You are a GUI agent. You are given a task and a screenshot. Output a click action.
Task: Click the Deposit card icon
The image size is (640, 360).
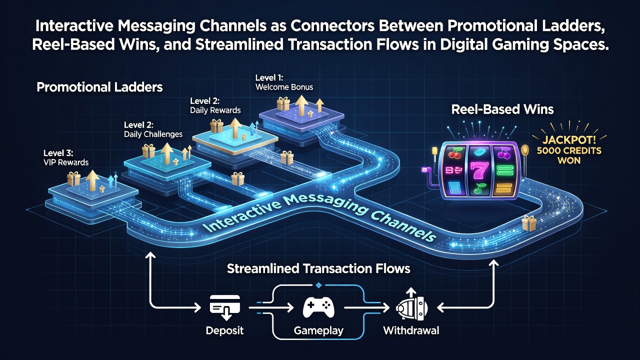(x=225, y=307)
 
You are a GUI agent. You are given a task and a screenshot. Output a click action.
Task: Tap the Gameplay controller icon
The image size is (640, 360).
(x=318, y=307)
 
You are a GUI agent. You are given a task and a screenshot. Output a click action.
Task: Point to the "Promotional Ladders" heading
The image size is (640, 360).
(x=99, y=87)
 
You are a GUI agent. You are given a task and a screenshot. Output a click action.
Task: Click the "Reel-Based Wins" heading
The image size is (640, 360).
(x=502, y=109)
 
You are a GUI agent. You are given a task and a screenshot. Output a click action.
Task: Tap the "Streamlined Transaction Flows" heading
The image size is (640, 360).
(x=318, y=268)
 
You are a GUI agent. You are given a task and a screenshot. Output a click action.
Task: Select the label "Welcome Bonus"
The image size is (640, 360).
(x=284, y=87)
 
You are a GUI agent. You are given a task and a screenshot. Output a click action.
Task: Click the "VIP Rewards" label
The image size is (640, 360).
(x=66, y=162)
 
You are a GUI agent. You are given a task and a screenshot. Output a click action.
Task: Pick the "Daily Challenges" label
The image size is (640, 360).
(x=153, y=134)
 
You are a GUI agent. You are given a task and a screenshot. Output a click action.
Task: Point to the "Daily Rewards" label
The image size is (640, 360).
(x=215, y=110)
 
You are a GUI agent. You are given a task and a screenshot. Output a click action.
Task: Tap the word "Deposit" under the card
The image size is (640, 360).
(x=224, y=330)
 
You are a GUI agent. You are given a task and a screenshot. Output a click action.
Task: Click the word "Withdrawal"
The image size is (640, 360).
(x=411, y=330)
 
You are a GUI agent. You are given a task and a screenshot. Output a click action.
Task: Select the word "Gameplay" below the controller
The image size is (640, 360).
(x=318, y=331)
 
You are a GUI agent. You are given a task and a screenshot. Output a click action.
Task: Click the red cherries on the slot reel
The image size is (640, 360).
(x=455, y=153)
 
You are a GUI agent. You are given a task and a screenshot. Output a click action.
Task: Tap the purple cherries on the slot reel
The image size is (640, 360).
(x=504, y=153)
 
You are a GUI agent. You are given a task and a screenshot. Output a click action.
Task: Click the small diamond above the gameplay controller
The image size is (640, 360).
(x=319, y=285)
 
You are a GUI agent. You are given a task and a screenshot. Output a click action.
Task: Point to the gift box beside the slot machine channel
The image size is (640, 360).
(x=528, y=223)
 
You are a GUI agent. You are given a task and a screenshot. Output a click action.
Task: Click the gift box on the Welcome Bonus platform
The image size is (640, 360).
(x=283, y=103)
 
